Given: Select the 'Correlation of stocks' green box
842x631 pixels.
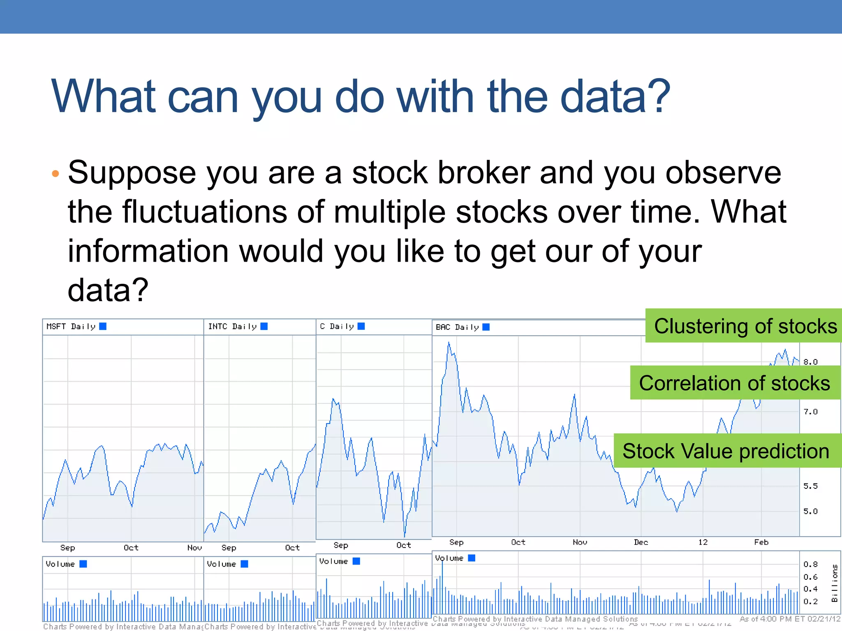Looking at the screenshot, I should pyautogui.click(x=735, y=383).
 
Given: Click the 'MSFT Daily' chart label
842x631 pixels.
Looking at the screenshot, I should pyautogui.click(x=71, y=327).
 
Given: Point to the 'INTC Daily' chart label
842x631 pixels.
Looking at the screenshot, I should pyautogui.click(x=232, y=327).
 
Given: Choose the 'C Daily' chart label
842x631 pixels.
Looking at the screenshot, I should pyautogui.click(x=337, y=326).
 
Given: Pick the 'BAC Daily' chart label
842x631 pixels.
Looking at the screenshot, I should pyautogui.click(x=457, y=327).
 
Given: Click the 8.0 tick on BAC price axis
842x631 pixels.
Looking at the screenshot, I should pyautogui.click(x=810, y=362).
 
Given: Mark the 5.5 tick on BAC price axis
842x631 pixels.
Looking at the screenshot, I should pyautogui.click(x=810, y=486).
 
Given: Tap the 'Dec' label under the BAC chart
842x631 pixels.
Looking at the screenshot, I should pyautogui.click(x=641, y=542).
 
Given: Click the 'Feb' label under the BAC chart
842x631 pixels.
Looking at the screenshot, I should pyautogui.click(x=761, y=542).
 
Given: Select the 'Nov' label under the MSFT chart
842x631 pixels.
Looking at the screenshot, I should pyautogui.click(x=194, y=548).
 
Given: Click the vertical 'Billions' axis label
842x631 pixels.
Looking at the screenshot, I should pyautogui.click(x=835, y=583).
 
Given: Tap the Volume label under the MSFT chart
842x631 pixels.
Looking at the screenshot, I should pyautogui.click(x=60, y=564).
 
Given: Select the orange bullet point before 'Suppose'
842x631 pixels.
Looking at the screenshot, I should pyautogui.click(x=56, y=174).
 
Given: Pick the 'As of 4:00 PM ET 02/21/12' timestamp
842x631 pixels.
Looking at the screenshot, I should pyautogui.click(x=790, y=619).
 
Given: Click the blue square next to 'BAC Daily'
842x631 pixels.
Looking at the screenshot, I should pyautogui.click(x=486, y=327).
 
